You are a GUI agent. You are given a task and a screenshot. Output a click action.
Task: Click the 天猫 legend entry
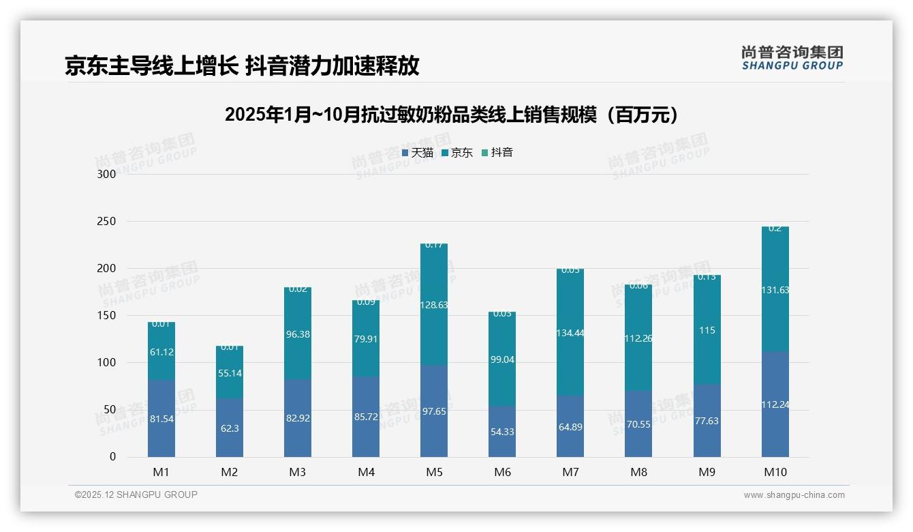coord(418,153)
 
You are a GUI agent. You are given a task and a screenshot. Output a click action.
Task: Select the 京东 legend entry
coord(457,153)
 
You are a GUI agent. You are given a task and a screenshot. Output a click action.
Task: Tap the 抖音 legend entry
coord(497,153)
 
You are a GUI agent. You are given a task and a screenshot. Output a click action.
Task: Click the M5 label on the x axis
coord(434,472)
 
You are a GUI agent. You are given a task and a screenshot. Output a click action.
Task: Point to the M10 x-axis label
coord(775,472)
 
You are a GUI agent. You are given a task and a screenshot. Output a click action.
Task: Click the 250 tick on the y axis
coord(108,222)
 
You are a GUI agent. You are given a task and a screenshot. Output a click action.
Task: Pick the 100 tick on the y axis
coord(108,363)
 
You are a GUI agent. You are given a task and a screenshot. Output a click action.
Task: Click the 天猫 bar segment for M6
coord(502,431)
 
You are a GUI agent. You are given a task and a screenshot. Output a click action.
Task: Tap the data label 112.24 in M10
coord(775,404)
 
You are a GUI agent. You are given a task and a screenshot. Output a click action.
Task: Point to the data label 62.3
coord(230,428)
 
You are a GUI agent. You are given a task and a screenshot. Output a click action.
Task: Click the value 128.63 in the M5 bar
coord(434,305)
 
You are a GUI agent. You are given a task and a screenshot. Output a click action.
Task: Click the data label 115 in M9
coord(707,330)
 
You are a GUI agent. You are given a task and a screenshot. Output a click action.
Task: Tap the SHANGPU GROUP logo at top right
coord(792,58)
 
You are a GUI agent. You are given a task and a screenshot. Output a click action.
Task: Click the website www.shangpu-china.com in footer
coord(794,495)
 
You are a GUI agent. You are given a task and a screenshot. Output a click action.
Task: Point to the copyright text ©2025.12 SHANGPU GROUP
coord(136,494)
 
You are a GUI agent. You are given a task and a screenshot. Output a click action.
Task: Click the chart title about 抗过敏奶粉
coord(453,115)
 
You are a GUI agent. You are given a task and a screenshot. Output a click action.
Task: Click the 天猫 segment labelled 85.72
coord(366,417)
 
